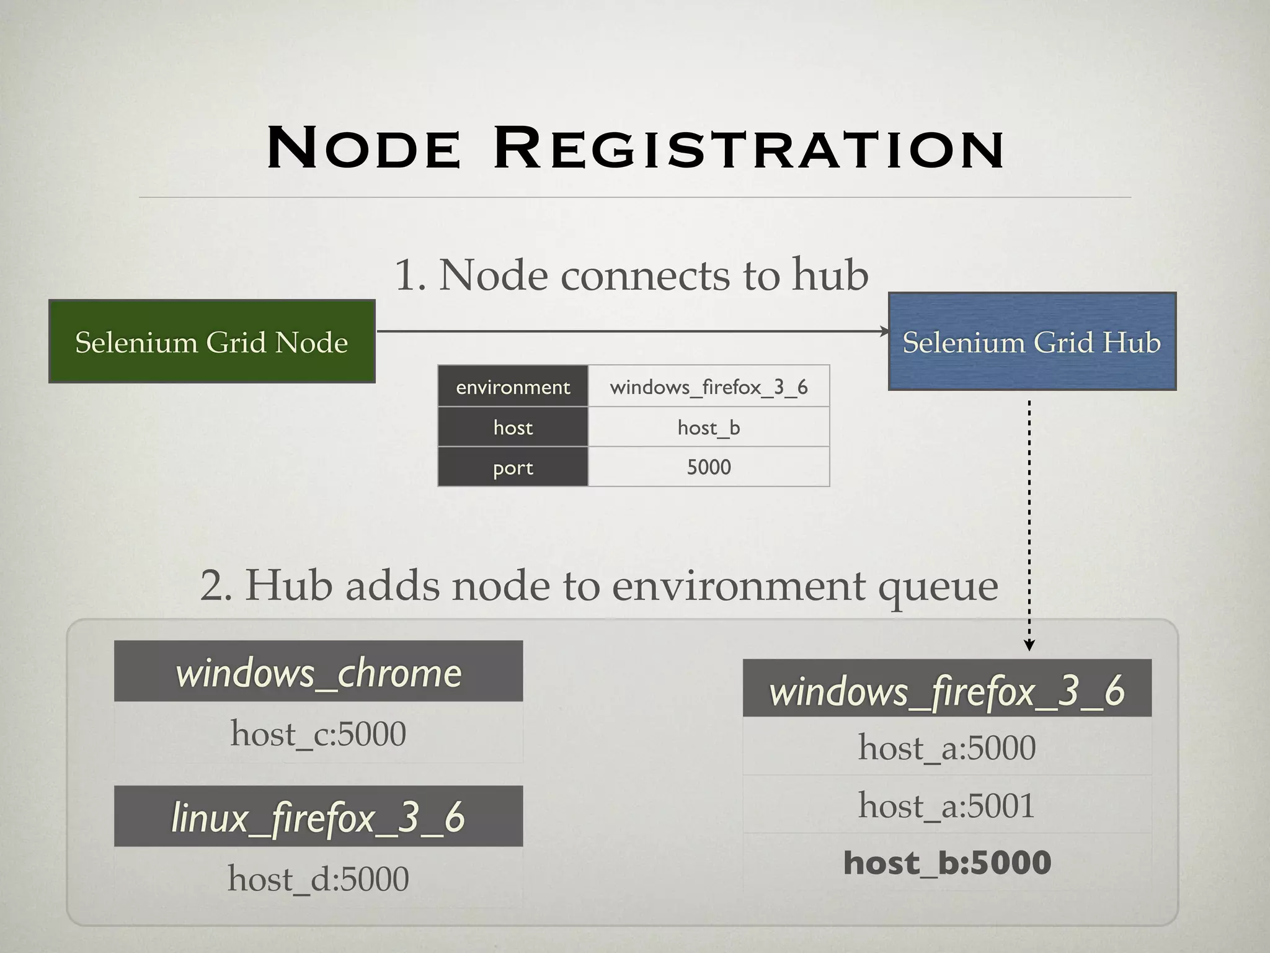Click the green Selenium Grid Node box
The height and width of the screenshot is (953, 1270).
pos(211,341)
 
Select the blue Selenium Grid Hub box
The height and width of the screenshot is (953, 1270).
pos(1032,341)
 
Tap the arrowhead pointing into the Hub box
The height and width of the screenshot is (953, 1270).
pos(885,331)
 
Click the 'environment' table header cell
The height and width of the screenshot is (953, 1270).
pos(513,387)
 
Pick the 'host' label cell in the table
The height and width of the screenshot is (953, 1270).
pos(513,427)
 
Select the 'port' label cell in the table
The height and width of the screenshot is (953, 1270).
pos(513,467)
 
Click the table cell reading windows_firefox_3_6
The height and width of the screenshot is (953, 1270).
pos(709,387)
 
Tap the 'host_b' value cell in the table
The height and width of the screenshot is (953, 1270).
pos(709,427)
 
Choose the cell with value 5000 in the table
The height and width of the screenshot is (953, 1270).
pos(709,467)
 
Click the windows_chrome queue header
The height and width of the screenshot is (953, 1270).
pos(318,671)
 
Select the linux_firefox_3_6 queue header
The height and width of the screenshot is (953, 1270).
pos(318,817)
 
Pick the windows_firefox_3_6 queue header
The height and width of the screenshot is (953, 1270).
pos(947,689)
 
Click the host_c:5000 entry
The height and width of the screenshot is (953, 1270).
pos(318,733)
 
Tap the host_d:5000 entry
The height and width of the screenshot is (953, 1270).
pos(318,879)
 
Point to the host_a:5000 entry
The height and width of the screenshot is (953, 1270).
pos(947,747)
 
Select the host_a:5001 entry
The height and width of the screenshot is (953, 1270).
pos(947,805)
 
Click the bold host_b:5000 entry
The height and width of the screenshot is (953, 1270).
pos(947,862)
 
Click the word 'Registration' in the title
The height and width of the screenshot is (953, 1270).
pos(748,149)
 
